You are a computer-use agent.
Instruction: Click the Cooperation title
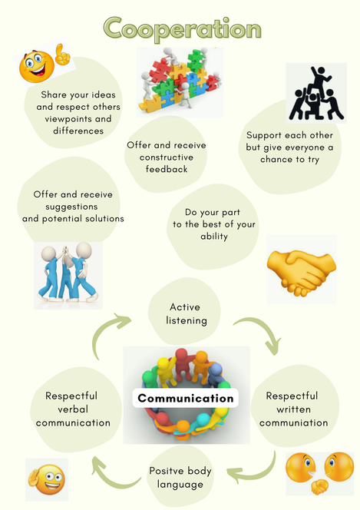pyautogui.click(x=182, y=28)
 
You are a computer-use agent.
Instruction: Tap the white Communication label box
pyautogui.click(x=186, y=398)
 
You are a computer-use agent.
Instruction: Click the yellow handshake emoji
pyautogui.click(x=302, y=271)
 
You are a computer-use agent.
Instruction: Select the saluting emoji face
pyautogui.click(x=48, y=479)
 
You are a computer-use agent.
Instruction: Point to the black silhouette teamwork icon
pyautogui.click(x=316, y=93)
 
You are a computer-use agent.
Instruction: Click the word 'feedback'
pyautogui.click(x=167, y=169)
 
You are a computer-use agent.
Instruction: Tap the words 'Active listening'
pyautogui.click(x=187, y=314)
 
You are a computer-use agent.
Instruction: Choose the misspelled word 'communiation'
pyautogui.click(x=294, y=422)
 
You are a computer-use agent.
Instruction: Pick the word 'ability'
pyautogui.click(x=214, y=236)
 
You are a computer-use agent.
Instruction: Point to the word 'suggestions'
pyautogui.click(x=71, y=207)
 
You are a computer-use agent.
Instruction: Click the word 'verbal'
pyautogui.click(x=73, y=409)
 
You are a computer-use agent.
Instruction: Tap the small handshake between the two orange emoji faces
pyautogui.click(x=319, y=487)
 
